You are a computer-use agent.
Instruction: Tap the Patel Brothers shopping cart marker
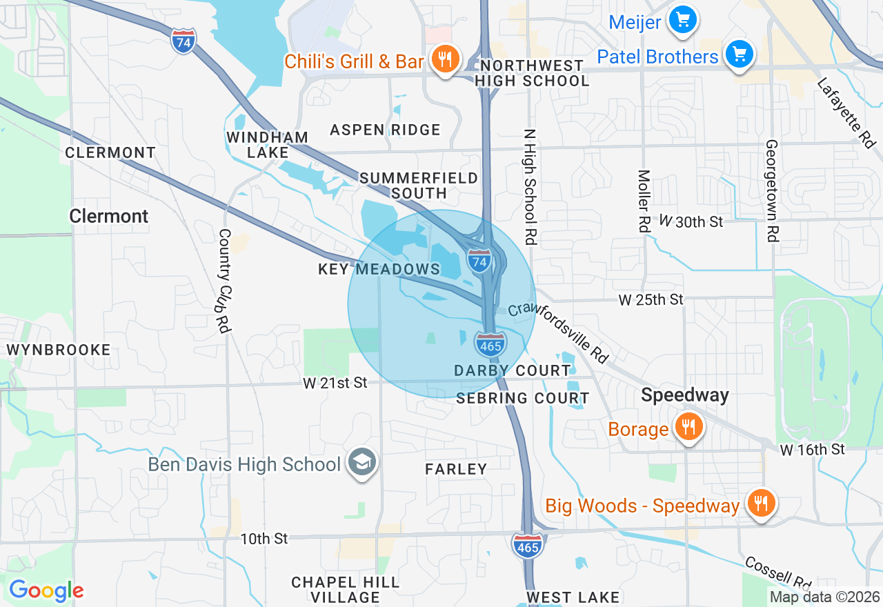[739, 54]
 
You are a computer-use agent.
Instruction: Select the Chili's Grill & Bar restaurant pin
[445, 60]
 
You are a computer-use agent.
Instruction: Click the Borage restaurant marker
[688, 428]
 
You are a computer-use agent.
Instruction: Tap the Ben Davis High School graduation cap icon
[361, 463]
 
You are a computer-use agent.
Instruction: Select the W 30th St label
[691, 221]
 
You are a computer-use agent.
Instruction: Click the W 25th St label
[651, 299]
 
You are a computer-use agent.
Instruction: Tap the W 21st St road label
[335, 382]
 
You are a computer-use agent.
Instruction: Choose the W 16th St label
[813, 450]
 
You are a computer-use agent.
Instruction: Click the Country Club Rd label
[224, 281]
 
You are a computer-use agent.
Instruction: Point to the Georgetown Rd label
[771, 191]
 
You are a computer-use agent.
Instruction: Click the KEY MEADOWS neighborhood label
[379, 269]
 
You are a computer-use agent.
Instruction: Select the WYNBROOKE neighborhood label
[59, 350]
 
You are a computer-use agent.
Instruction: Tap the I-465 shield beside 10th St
[528, 544]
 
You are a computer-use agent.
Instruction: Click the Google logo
[46, 590]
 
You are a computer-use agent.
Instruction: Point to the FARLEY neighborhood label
[456, 469]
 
